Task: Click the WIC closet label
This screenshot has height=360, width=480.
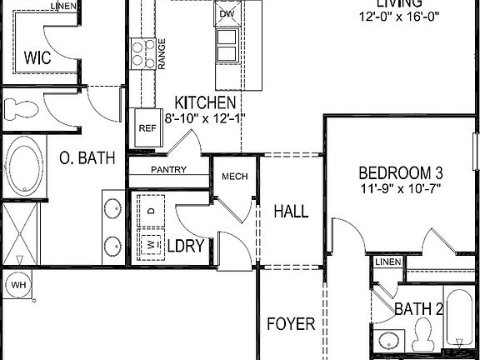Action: [x=39, y=58]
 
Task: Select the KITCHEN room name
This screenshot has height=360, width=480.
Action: [x=205, y=102]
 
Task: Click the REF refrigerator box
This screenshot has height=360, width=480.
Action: [x=147, y=128]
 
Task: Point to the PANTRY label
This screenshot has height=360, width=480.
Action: [x=168, y=170]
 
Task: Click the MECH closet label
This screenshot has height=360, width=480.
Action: [x=230, y=177]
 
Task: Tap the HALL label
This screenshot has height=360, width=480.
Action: [x=291, y=212]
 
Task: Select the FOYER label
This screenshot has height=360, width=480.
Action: [x=291, y=323]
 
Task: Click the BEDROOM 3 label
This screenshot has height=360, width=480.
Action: [x=401, y=173]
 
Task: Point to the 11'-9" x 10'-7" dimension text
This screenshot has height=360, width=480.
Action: [x=401, y=188]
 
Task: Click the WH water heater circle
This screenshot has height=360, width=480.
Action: [x=18, y=286]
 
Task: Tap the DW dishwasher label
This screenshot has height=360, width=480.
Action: [x=227, y=14]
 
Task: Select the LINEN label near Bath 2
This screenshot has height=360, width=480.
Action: [x=387, y=262]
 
